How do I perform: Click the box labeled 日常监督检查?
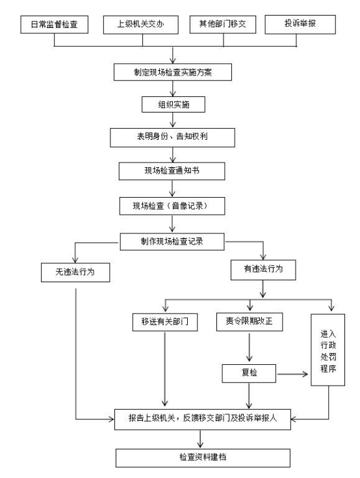pos(54,25)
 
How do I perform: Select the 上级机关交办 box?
pos(141,25)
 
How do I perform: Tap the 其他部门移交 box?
pos(223,25)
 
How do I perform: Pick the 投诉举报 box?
pos(300,24)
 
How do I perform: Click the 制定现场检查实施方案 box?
pos(173,72)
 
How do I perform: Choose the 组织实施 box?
pos(174,105)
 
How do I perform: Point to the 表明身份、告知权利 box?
pos(172,137)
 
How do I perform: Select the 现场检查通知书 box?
pos(172,171)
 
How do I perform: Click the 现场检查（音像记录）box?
pos(172,206)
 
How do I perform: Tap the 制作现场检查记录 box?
pos(172,242)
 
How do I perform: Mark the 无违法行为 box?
pos(75,272)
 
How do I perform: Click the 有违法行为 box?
pos(263,270)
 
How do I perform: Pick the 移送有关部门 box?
pos(165,322)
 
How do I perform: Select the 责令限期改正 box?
pos(250,322)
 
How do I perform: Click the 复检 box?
pos(249,373)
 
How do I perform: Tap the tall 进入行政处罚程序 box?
pos(328,350)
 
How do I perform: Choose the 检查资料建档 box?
pos(203,458)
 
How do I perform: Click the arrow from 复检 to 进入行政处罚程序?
pos(292,374)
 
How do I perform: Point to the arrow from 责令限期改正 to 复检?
pos(250,347)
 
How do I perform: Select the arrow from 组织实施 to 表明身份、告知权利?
pos(173,120)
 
